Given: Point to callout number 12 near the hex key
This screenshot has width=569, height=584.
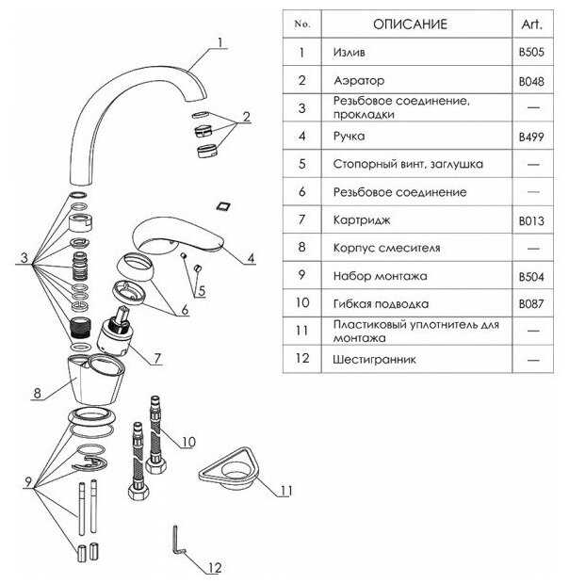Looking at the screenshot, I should pos(216,567).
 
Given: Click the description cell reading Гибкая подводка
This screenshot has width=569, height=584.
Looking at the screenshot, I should pos(381,304).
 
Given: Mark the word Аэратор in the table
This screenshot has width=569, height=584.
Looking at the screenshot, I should pos(359,81).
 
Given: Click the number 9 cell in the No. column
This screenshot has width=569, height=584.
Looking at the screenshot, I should pos(302,277).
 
